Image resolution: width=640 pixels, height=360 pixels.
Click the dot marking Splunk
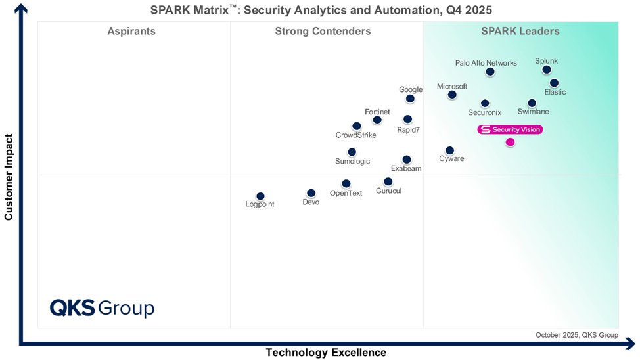pyautogui.click(x=547, y=70)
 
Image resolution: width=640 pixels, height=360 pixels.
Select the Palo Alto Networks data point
pyautogui.click(x=490, y=72)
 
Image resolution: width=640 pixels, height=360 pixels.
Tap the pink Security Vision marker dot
pyautogui.click(x=511, y=142)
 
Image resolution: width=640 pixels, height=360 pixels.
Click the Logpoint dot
pyautogui.click(x=260, y=196)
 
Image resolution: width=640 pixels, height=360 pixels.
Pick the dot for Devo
pyautogui.click(x=311, y=193)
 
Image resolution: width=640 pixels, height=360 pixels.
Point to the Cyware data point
pyautogui.click(x=449, y=150)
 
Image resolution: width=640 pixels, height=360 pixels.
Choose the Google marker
pyautogui.click(x=410, y=99)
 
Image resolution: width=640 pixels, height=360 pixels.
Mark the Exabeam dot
pyautogui.click(x=407, y=160)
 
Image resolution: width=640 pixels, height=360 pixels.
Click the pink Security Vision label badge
pyautogui.click(x=510, y=129)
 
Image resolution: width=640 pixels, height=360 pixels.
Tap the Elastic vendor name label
pyautogui.click(x=555, y=93)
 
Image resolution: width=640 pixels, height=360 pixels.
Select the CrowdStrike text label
pyautogui.click(x=356, y=135)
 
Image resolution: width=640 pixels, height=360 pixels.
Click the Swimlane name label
pyautogui.click(x=534, y=112)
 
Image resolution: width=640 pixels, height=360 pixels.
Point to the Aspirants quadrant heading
pyautogui.click(x=131, y=31)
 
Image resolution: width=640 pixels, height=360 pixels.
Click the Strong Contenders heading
pyautogui.click(x=323, y=31)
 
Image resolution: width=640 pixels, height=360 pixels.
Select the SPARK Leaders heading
pyautogui.click(x=520, y=31)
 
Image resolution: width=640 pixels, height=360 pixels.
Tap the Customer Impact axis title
pyautogui.click(x=9, y=177)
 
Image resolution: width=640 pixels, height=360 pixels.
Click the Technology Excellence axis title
pyautogui.click(x=326, y=353)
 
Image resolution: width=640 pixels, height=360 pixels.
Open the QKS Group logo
pyautogui.click(x=102, y=308)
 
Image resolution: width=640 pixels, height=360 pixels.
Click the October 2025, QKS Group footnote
pyautogui.click(x=576, y=335)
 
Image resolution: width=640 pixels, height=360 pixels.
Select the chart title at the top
pyautogui.click(x=321, y=10)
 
